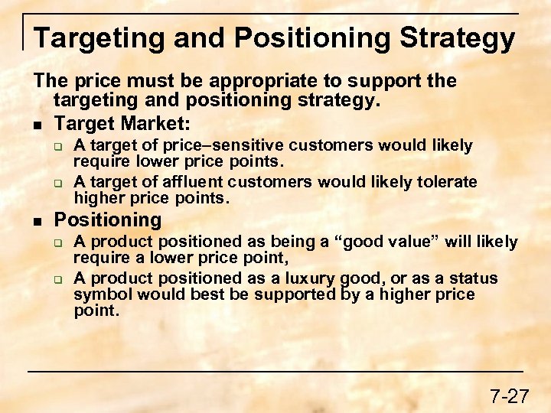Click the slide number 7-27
coord(509,396)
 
